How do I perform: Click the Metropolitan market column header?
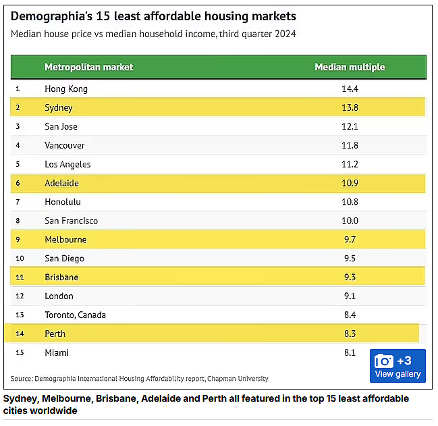point(89,67)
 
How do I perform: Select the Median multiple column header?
point(350,67)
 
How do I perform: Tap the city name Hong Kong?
point(66,89)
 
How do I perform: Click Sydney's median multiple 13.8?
point(350,107)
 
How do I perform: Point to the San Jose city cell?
point(61,126)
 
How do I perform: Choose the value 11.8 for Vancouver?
point(350,145)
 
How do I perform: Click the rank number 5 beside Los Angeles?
point(18,164)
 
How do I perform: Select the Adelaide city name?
point(61,183)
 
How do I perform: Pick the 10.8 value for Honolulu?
point(350,202)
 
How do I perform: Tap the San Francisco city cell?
point(72,221)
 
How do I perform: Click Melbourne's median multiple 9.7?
point(350,240)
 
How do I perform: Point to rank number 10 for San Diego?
point(20,258)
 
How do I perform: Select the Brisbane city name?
point(61,277)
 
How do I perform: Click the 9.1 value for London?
point(350,296)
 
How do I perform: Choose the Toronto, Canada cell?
point(75,315)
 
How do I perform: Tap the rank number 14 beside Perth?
point(20,334)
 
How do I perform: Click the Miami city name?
point(57,352)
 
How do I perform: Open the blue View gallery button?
point(398,366)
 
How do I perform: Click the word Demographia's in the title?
point(51,16)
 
